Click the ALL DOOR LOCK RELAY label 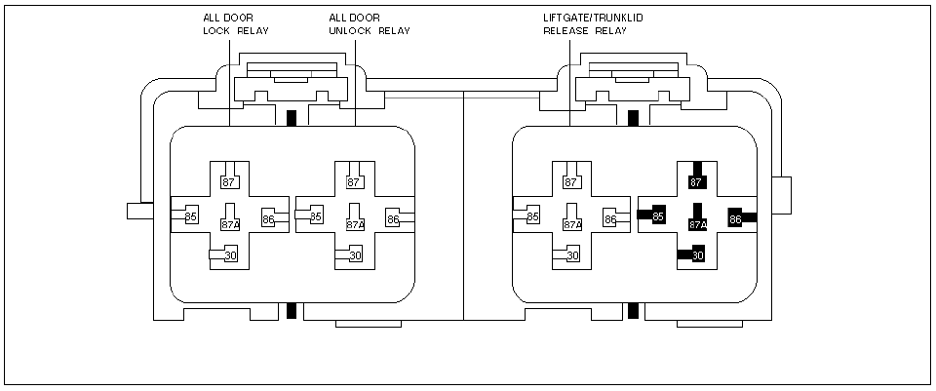point(236,23)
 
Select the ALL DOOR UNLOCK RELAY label point(370,23)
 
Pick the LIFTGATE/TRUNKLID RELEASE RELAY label point(593,23)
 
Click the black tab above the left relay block point(292,118)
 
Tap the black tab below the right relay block point(634,311)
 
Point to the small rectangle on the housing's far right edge point(781,195)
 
